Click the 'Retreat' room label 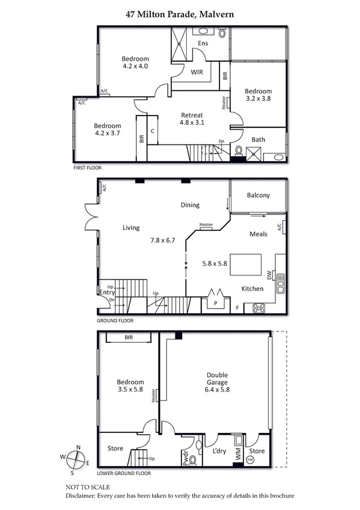(x=192, y=115)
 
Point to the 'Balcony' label (x=258, y=195)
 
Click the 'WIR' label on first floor (x=196, y=72)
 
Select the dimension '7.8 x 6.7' (x=162, y=240)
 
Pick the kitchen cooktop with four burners (x=259, y=307)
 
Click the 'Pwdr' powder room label (x=185, y=459)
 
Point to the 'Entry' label (x=107, y=292)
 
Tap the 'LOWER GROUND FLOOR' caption (x=124, y=473)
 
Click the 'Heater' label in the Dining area (x=206, y=225)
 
